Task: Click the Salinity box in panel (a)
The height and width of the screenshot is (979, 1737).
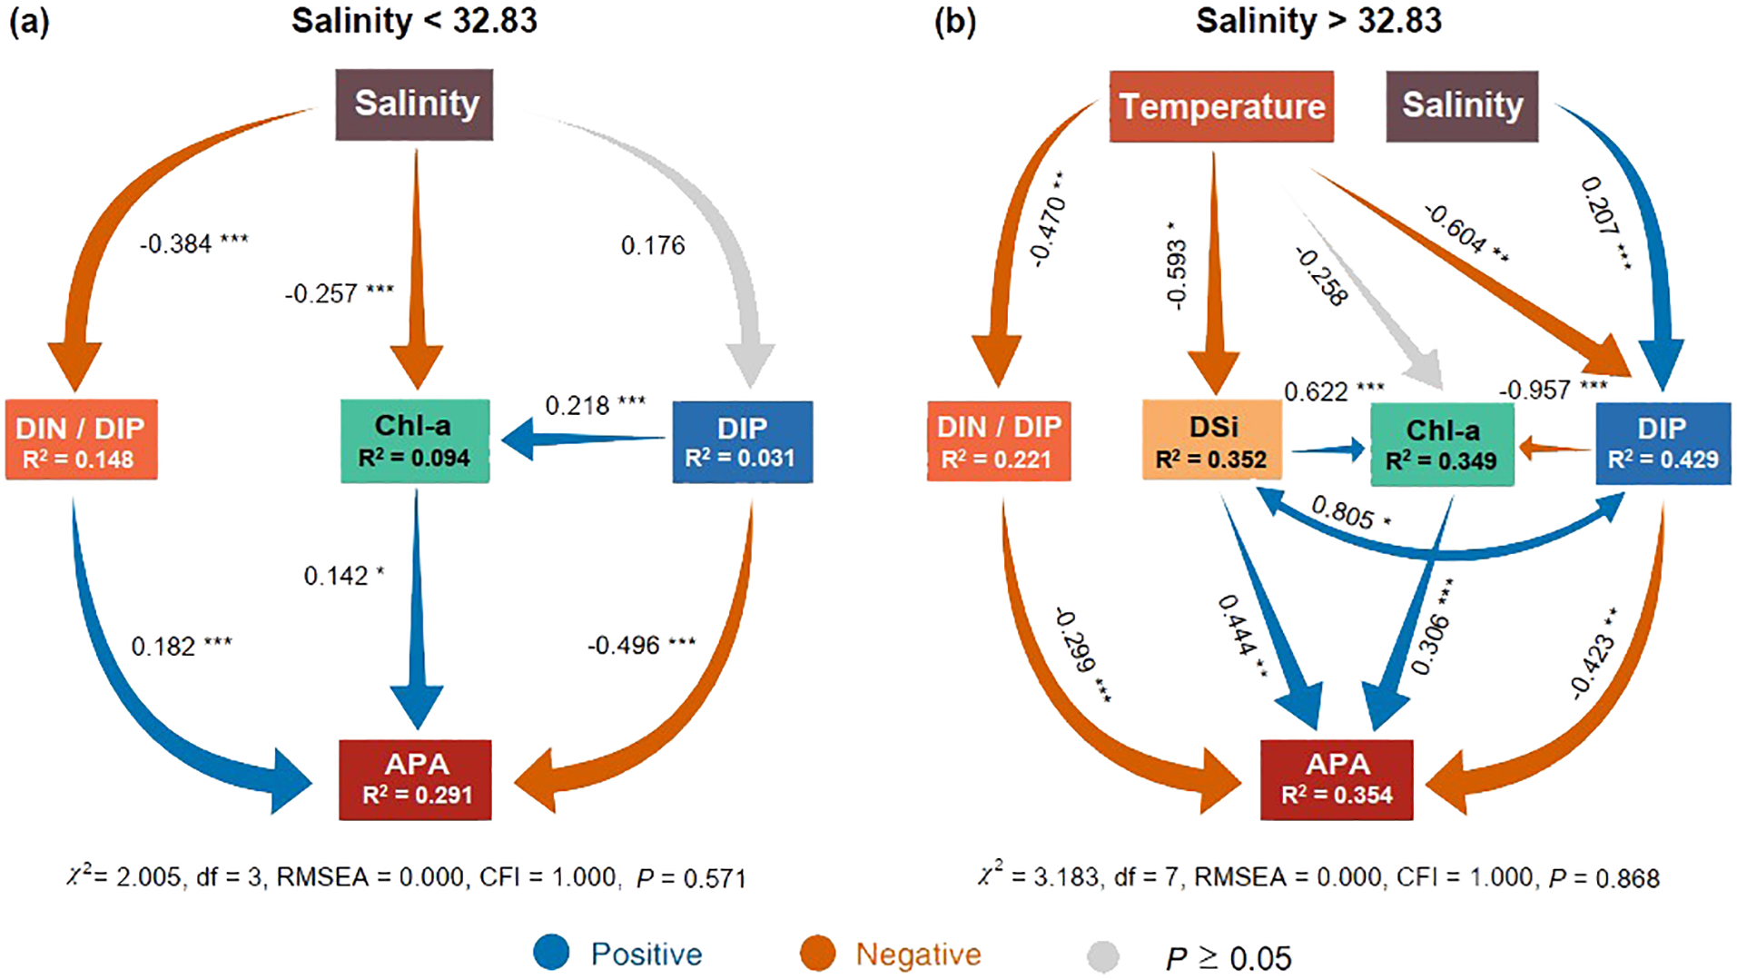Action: pos(414,104)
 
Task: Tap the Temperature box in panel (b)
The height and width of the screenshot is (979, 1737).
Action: pos(1220,107)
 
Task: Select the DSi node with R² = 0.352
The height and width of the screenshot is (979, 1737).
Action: pos(1211,442)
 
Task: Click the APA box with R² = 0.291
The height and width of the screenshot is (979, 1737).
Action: pos(415,779)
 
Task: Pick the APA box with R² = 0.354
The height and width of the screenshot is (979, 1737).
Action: pos(1336,779)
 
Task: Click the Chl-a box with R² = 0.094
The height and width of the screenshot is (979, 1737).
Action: pos(414,441)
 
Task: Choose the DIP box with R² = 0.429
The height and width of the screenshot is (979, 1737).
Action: pos(1663,443)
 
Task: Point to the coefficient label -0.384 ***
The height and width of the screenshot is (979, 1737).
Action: pos(193,243)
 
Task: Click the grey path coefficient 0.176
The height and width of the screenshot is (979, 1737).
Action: pos(653,245)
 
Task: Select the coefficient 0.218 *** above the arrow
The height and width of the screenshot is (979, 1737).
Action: pos(595,405)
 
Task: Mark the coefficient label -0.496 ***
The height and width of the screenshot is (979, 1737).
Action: pos(641,646)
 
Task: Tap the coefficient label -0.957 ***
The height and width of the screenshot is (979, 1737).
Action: pos(1553,390)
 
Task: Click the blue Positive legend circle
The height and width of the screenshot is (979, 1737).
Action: pos(551,953)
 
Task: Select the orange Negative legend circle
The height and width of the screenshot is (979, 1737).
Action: pos(817,954)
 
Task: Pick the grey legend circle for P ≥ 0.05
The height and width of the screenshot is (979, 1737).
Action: pos(1103,955)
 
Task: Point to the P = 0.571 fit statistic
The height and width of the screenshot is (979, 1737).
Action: pos(691,878)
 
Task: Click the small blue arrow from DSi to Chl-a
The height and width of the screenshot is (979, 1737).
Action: pos(1327,449)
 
